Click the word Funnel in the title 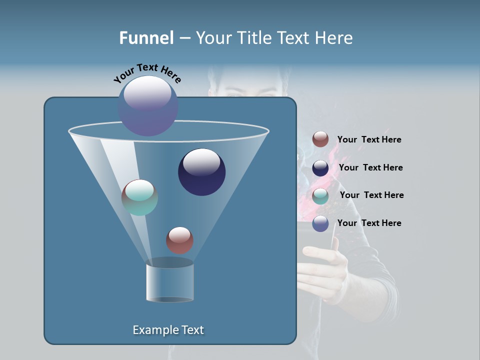pos(146,38)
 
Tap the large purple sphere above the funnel pos(148,105)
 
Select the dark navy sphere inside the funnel pos(201,172)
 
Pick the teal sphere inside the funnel pos(139,197)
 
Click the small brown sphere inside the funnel pos(179,240)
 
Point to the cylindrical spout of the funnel pos(169,281)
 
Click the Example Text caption pos(168,330)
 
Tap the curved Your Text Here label pos(147,73)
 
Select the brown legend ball pos(320,139)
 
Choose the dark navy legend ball pos(320,168)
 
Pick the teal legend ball pos(320,196)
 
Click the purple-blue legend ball pos(320,223)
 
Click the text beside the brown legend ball pos(369,140)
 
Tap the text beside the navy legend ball pos(370,168)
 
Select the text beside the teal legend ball pos(371,195)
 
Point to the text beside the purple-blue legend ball pos(369,223)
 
